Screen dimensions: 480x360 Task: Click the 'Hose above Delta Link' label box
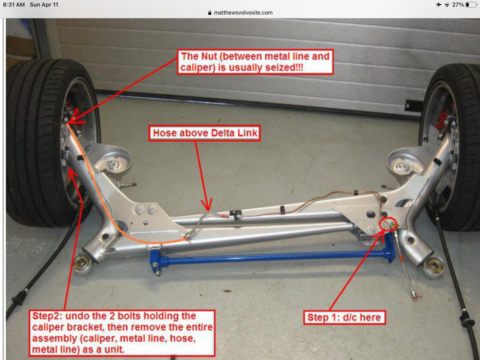pyautogui.click(x=205, y=133)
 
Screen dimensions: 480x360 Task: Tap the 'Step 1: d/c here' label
pyautogui.click(x=344, y=317)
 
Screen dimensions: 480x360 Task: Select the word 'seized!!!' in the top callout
pyautogui.click(x=284, y=68)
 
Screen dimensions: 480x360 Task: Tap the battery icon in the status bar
pyautogui.click(x=471, y=4)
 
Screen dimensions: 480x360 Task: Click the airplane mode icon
pyautogui.click(x=439, y=4)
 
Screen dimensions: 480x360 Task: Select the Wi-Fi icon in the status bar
pyautogui.click(x=447, y=4)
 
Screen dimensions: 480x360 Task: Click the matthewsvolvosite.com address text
pyautogui.click(x=243, y=13)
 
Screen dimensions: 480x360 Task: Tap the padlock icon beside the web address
pyautogui.click(x=210, y=13)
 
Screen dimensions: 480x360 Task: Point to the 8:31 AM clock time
pyautogui.click(x=14, y=4)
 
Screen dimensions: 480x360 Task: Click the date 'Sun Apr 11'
pyautogui.click(x=44, y=4)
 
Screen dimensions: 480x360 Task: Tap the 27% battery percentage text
pyautogui.click(x=458, y=4)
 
